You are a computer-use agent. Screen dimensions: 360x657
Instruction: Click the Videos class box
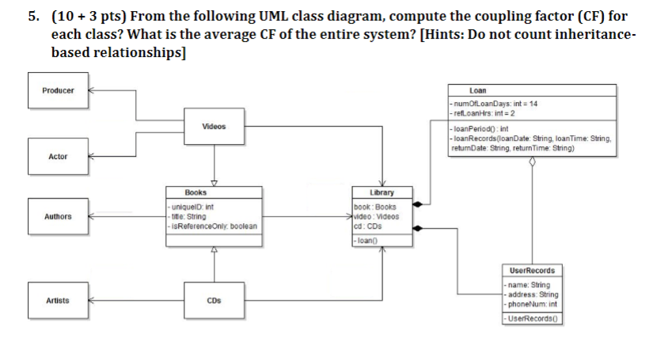point(213,127)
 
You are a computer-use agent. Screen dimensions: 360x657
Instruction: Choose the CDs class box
point(213,301)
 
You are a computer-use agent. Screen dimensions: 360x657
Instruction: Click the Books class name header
point(213,192)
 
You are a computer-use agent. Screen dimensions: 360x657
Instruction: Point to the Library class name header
point(382,192)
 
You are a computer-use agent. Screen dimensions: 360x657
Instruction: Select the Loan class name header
point(532,91)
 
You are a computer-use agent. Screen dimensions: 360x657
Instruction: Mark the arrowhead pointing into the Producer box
point(89,90)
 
